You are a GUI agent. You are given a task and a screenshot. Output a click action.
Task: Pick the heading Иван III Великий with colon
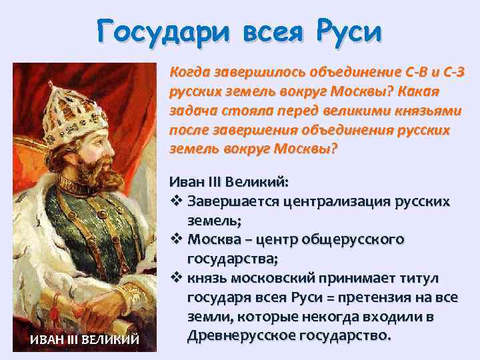[229, 181]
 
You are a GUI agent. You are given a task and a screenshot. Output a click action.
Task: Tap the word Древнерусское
[241, 335]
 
